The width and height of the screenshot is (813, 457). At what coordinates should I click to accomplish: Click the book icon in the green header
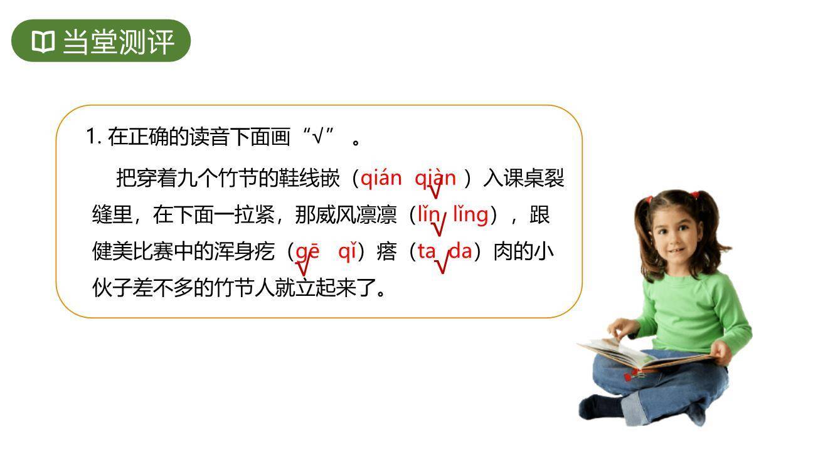[x=43, y=42]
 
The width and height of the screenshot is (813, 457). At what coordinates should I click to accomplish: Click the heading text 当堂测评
[x=118, y=42]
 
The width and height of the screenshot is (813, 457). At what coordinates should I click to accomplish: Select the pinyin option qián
[x=381, y=178]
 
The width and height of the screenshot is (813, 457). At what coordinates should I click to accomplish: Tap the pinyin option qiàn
[x=435, y=178]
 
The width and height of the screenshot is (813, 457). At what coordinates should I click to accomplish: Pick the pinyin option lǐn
[x=429, y=214]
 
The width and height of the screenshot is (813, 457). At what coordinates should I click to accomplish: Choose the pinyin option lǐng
[x=470, y=214]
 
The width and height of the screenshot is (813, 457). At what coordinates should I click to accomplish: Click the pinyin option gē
[x=307, y=251]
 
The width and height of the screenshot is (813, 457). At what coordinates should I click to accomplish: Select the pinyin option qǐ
[x=347, y=251]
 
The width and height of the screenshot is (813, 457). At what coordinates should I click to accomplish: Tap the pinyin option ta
[x=427, y=251]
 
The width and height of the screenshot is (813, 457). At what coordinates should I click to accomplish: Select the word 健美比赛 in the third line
[x=132, y=252]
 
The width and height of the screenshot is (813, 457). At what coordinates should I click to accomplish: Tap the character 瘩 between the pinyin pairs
[x=386, y=252]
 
